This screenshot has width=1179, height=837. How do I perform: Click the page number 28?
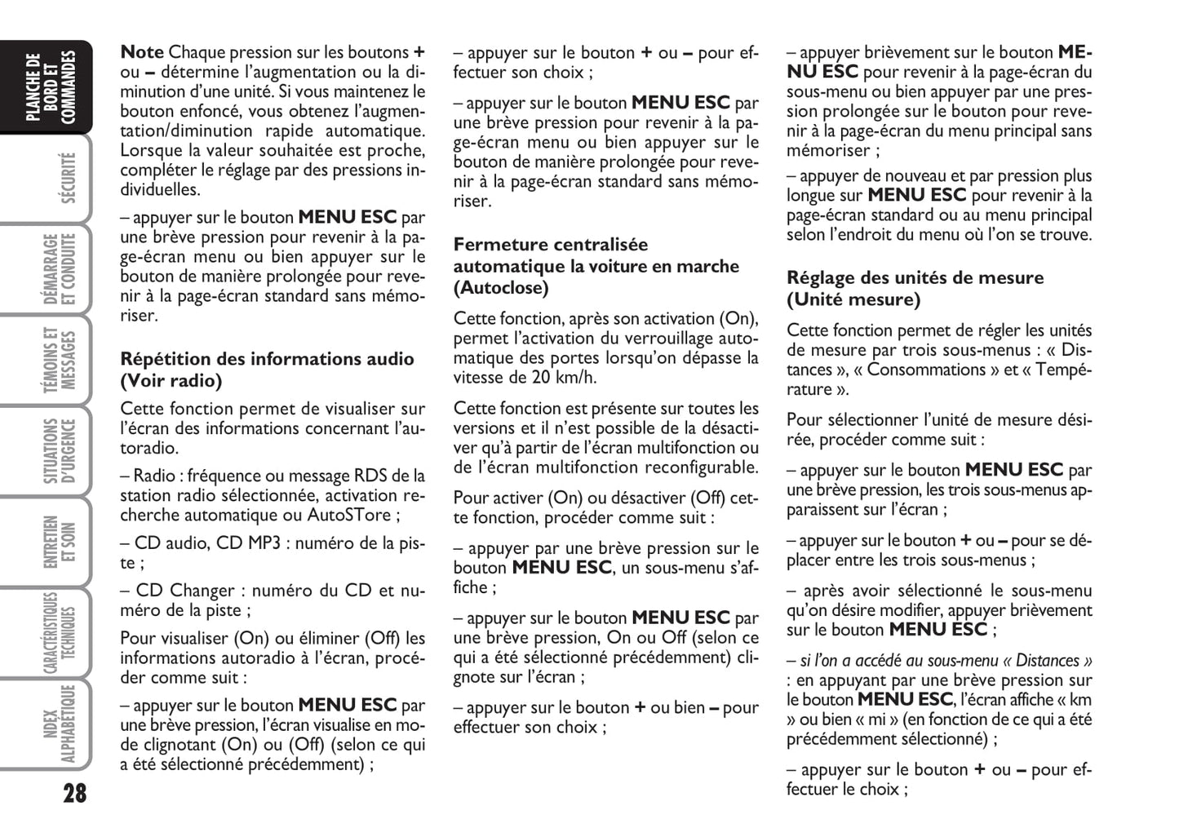[74, 793]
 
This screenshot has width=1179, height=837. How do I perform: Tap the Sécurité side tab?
[68, 178]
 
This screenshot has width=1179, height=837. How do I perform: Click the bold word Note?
[142, 52]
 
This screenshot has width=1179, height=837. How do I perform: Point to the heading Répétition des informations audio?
[267, 359]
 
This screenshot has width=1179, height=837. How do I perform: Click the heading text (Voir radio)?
[171, 381]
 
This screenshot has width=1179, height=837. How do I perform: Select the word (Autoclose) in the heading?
[501, 288]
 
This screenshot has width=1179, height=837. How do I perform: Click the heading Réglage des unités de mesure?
[915, 278]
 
